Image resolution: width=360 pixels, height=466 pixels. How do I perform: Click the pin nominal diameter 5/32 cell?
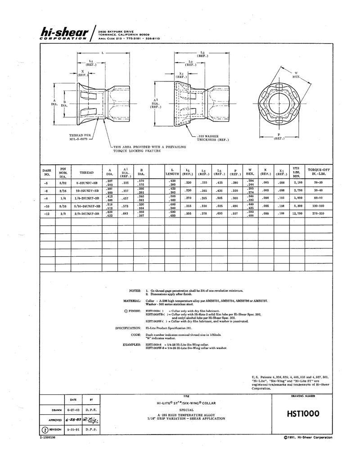[63, 182]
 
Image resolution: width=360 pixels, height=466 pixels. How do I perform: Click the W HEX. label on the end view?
[297, 75]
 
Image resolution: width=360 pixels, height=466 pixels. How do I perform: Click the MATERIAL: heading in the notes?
[131, 300]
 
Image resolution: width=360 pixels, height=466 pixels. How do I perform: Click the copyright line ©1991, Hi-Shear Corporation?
[308, 437]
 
